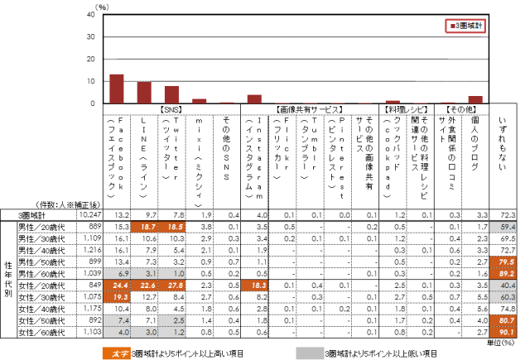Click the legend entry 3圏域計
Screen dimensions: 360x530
(465, 26)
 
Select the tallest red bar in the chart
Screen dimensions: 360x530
(117, 89)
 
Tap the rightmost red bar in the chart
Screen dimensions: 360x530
(475, 99)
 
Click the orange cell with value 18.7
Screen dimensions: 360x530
(144, 227)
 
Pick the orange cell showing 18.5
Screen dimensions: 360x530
(171, 227)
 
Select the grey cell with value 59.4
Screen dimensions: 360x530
(503, 227)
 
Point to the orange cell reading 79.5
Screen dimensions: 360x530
(503, 262)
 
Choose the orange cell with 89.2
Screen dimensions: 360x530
(503, 273)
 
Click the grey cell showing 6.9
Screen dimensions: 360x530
(117, 273)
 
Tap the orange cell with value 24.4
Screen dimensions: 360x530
(117, 286)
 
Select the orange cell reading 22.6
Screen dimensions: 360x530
(144, 286)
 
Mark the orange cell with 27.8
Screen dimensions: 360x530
(171, 286)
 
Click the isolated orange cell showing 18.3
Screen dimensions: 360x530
(254, 286)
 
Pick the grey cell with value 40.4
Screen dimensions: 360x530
(503, 286)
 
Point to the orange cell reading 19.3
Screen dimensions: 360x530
(117, 297)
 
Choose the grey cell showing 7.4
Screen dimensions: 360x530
(117, 320)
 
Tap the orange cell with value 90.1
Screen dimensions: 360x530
(503, 332)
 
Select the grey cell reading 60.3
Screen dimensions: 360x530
(503, 297)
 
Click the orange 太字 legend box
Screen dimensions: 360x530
(117, 353)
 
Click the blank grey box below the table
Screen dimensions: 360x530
(310, 353)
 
